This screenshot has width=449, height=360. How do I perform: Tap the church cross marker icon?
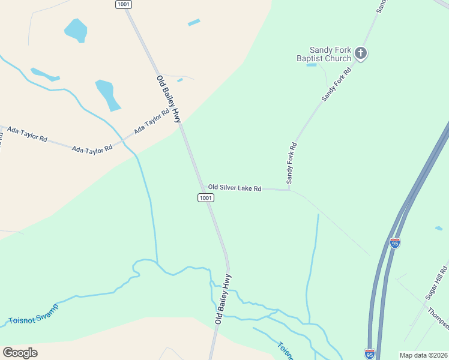tap(361, 53)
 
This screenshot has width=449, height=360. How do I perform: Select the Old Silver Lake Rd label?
tap(235, 188)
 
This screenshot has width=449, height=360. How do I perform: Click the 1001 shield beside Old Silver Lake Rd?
tap(206, 197)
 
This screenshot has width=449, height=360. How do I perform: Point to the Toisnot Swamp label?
tap(34, 313)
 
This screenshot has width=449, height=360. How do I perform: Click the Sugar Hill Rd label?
tap(436, 282)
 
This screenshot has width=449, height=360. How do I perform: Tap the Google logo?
tap(20, 353)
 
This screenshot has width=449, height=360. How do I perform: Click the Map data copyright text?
tap(423, 355)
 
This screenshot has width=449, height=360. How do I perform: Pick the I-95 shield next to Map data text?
tap(369, 353)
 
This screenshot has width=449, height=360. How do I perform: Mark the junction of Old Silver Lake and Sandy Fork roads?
tap(289, 190)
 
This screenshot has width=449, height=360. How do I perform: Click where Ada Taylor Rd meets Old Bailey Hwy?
tap(181, 125)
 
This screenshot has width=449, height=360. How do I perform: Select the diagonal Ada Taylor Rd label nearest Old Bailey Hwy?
tap(152, 121)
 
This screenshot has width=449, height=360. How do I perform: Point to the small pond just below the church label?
tap(312, 65)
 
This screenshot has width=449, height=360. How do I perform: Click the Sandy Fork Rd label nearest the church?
tap(336, 85)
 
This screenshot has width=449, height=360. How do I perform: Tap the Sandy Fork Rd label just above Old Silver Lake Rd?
tap(292, 163)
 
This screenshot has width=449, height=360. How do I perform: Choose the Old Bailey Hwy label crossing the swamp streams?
tap(223, 299)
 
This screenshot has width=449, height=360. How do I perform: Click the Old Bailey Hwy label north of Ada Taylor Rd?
tap(169, 99)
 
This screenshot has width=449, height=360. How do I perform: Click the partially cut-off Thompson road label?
tap(438, 318)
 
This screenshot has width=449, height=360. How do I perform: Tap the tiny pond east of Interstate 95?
tap(439, 228)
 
